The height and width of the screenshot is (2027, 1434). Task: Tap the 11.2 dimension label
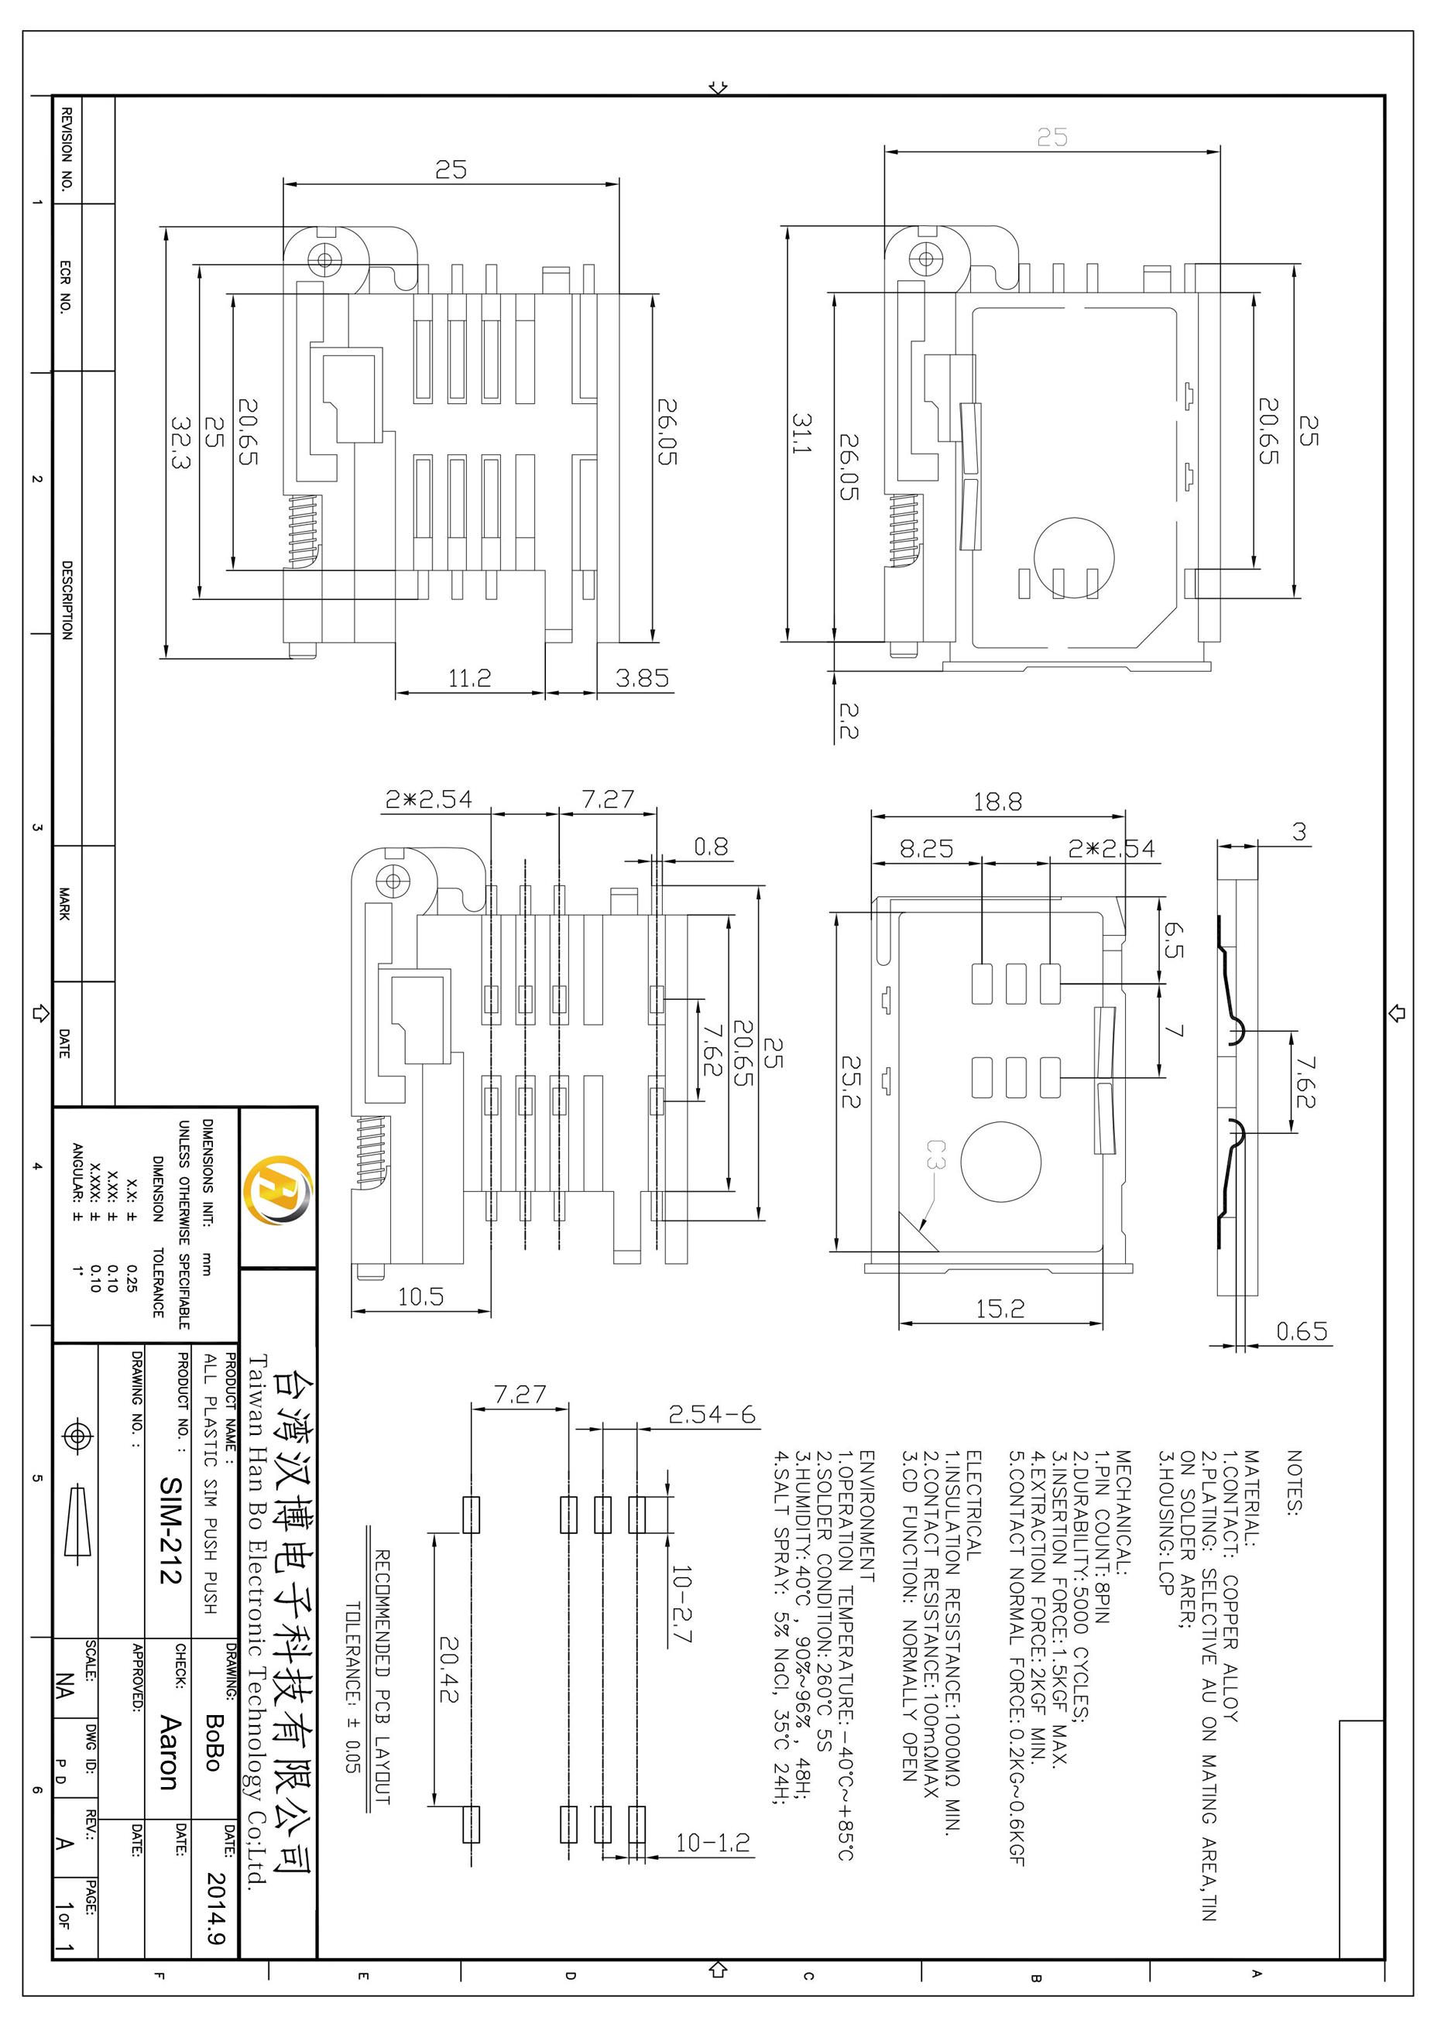[469, 678]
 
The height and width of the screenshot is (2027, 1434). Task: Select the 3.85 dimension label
[642, 678]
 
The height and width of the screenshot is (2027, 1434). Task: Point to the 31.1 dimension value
[801, 433]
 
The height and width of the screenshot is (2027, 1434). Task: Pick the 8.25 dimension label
[926, 848]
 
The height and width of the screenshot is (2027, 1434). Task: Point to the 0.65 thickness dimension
[1302, 1330]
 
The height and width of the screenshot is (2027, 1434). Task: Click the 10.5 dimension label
[420, 1297]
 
